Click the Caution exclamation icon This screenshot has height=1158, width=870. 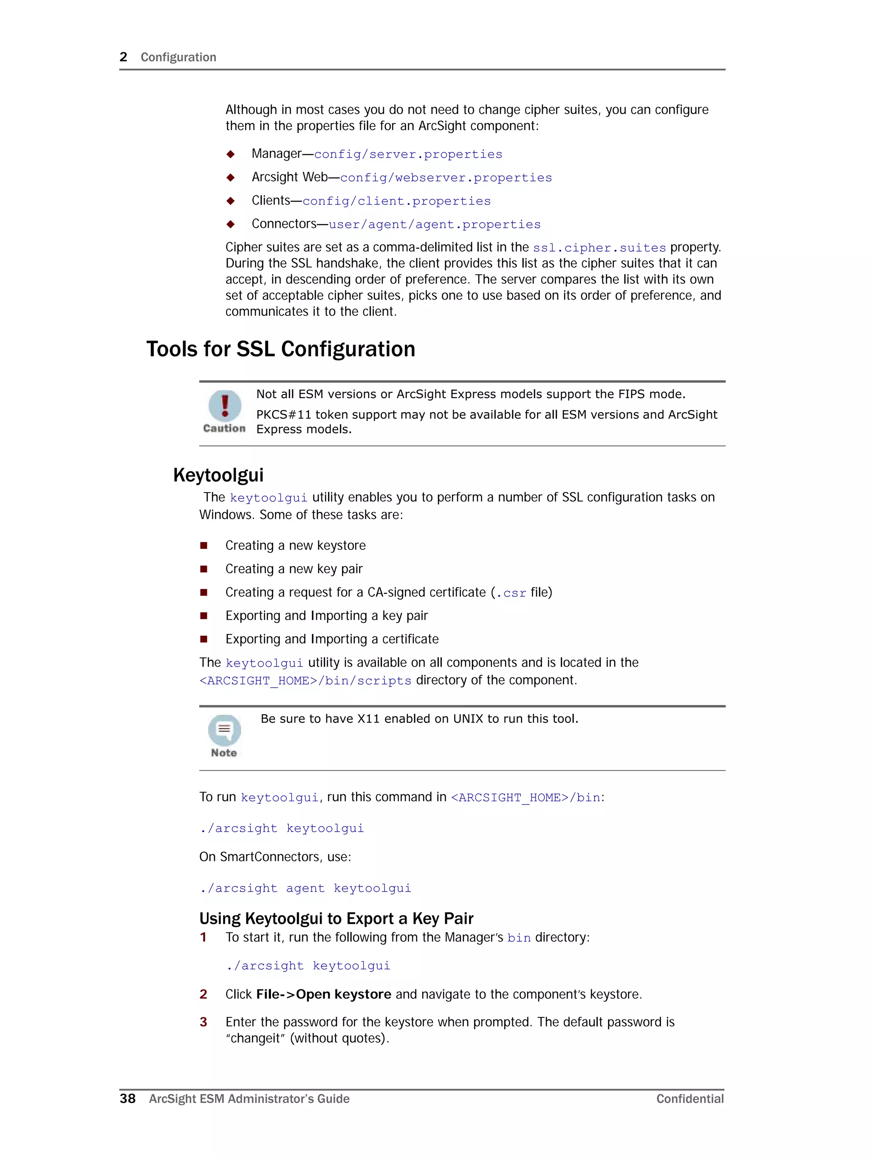(x=225, y=406)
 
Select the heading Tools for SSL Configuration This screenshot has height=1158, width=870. (x=280, y=349)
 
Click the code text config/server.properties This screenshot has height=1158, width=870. (x=408, y=154)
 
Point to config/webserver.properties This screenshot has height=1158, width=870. (x=446, y=178)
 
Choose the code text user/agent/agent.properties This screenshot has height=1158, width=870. (x=435, y=224)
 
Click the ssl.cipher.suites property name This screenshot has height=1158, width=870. (x=599, y=248)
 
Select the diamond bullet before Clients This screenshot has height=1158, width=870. (x=230, y=201)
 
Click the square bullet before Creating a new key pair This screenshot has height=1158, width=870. (x=203, y=569)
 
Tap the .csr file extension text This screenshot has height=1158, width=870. (x=511, y=593)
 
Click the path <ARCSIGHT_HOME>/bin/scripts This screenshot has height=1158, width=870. (x=305, y=680)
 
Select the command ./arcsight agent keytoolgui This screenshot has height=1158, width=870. (x=305, y=889)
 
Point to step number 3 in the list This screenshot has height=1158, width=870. (x=203, y=1022)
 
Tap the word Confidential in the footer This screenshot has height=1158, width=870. (x=689, y=1099)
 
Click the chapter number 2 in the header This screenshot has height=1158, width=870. (x=124, y=57)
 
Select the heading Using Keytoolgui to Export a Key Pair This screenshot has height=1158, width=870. (x=336, y=919)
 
